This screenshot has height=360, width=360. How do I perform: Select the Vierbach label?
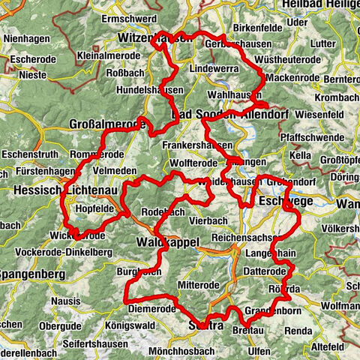click(x=202, y=221)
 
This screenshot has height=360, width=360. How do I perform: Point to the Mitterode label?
click(x=197, y=285)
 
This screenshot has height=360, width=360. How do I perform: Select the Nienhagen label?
click(x=26, y=37)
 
